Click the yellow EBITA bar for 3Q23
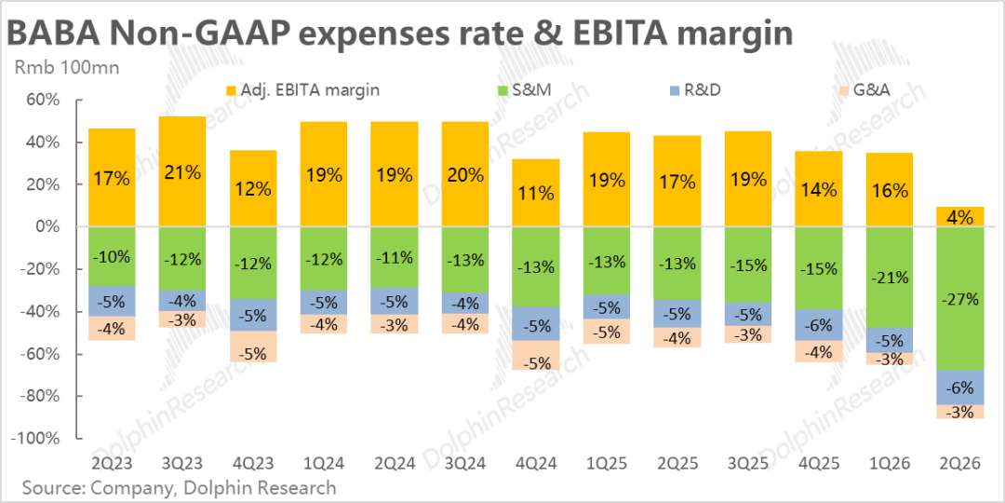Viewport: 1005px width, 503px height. (182, 171)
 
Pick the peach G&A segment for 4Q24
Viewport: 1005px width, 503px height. (536, 356)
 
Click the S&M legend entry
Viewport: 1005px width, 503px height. (521, 90)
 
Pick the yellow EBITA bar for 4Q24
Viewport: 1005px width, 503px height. (536, 193)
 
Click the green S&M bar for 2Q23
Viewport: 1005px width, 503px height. (112, 256)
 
